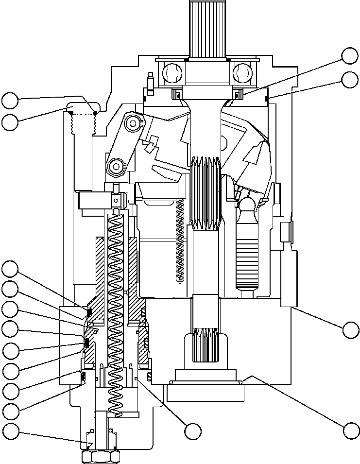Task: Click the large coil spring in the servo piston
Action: point(116,311)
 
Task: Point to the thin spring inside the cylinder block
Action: point(180,241)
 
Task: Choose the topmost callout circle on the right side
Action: point(350,56)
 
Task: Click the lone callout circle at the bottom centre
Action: point(193,430)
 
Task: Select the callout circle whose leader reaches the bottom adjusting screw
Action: point(10,430)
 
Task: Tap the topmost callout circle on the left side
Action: point(10,101)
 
